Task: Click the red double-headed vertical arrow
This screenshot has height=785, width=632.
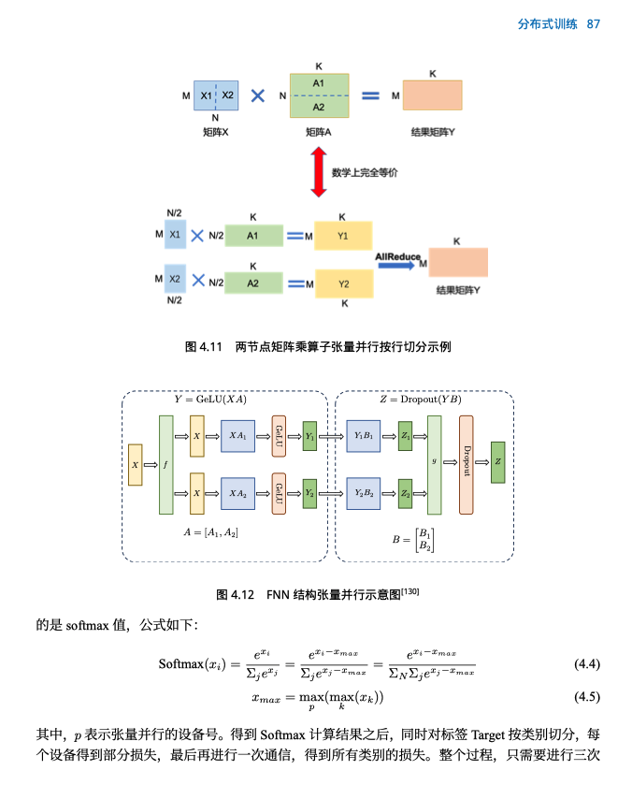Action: click(x=318, y=173)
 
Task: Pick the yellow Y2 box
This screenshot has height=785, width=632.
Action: click(x=343, y=283)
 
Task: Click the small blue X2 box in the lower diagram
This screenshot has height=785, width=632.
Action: click(x=175, y=279)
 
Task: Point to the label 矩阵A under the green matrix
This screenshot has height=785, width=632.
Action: click(x=319, y=133)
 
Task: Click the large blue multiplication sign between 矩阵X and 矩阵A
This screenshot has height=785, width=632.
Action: click(x=258, y=95)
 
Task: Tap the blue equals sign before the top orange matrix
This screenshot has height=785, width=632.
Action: click(x=371, y=95)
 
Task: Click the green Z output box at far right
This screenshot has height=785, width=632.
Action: click(x=497, y=462)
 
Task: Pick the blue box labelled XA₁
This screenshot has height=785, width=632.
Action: click(x=237, y=437)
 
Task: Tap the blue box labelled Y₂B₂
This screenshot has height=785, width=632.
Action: click(x=363, y=492)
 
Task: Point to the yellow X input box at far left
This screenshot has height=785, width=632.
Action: click(x=136, y=465)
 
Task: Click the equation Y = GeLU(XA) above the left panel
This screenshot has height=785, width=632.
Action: click(x=211, y=400)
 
